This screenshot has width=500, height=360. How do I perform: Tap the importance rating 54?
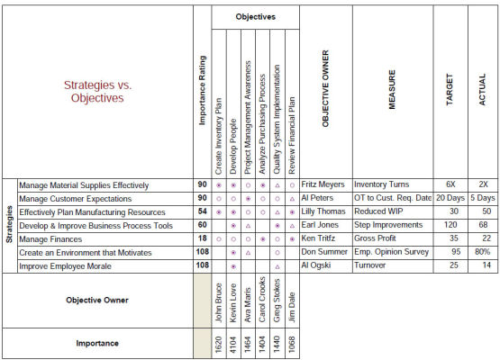click(x=202, y=211)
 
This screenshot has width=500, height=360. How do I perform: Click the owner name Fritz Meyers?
click(x=323, y=184)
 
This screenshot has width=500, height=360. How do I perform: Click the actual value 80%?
click(x=483, y=253)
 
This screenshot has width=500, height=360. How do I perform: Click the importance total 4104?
click(x=233, y=342)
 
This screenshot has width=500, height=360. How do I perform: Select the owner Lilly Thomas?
click(x=323, y=211)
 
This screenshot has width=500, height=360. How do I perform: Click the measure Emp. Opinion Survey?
click(x=391, y=253)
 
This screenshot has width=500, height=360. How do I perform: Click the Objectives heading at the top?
click(x=256, y=16)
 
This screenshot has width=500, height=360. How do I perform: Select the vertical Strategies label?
click(x=9, y=225)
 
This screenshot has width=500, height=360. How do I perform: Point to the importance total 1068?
click(x=291, y=342)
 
